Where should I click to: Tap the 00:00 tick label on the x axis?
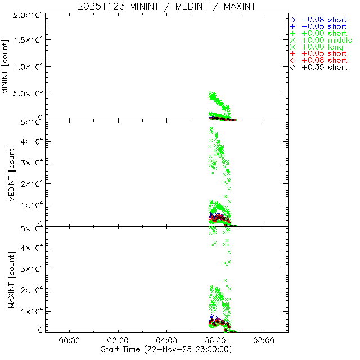tap(69, 340)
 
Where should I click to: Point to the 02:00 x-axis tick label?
tap(118, 340)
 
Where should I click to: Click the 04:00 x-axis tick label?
tap(166, 340)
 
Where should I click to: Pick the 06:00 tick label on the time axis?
tap(215, 340)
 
